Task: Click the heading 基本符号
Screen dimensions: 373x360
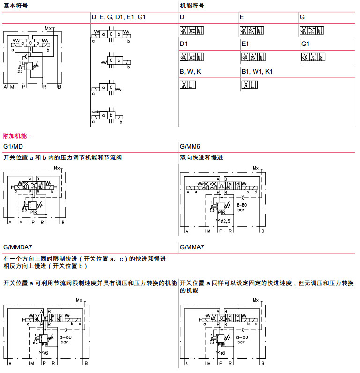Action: tap(15, 6)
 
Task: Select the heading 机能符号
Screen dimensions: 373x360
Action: tap(192, 6)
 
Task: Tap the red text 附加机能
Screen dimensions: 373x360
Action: tap(17, 136)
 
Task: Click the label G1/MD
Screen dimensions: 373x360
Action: tap(14, 146)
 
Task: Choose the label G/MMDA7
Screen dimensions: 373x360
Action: tap(18, 247)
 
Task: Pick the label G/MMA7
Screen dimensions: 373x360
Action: tap(192, 247)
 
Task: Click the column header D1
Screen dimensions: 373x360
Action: tap(184, 44)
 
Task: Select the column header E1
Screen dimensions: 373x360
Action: tap(246, 44)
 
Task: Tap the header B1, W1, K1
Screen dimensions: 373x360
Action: tap(257, 71)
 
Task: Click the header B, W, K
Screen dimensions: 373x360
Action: tap(191, 71)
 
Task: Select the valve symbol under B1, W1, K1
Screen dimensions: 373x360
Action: tap(250, 85)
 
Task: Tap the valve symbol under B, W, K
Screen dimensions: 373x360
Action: tap(187, 85)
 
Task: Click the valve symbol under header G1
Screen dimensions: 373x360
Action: tap(314, 57)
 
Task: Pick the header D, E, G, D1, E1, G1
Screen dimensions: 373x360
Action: tap(119, 17)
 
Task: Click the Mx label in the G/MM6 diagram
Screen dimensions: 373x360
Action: tap(255, 168)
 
